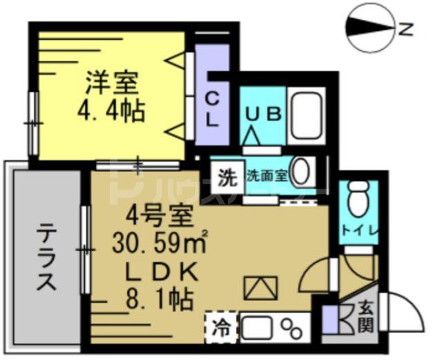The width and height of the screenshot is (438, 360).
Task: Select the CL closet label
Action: click(x=212, y=109)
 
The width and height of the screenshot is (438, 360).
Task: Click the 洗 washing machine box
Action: click(x=227, y=177)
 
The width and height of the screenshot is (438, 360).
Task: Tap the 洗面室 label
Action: click(x=267, y=177)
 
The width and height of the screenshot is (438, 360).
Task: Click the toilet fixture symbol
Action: click(x=358, y=200)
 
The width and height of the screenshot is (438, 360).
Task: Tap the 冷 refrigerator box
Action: click(x=220, y=325)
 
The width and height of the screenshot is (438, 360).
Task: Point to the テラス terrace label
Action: click(x=46, y=257)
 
